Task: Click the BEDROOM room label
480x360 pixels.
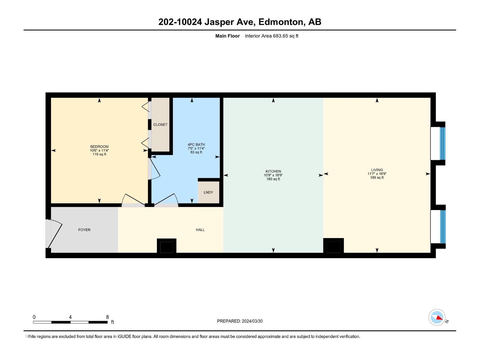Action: (x=99, y=147)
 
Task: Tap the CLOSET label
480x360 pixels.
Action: (x=160, y=124)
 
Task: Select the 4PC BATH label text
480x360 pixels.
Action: (x=196, y=145)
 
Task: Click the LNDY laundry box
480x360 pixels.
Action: (x=208, y=192)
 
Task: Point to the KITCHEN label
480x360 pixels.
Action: (x=273, y=171)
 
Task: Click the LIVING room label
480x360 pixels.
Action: (x=377, y=170)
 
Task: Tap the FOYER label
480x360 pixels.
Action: (x=84, y=230)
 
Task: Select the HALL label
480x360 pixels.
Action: (x=200, y=230)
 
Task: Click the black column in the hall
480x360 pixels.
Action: (x=166, y=247)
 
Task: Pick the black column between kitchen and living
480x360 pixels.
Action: (x=333, y=247)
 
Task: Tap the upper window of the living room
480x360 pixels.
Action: (x=438, y=143)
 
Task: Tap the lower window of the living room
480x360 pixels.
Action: (x=438, y=226)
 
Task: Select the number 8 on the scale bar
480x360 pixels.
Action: (x=107, y=317)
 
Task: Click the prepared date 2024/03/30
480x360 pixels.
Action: (x=252, y=321)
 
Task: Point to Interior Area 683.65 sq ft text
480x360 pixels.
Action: (x=271, y=36)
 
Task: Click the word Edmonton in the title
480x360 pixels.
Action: (x=280, y=22)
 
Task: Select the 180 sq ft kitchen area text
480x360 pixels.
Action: (x=273, y=179)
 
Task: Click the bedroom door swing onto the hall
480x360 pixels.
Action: (x=132, y=200)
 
